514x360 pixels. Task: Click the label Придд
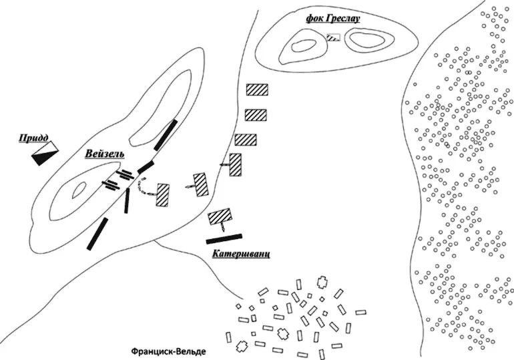pos(33,138)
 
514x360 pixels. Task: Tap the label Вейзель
pos(105,154)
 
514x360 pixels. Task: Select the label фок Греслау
pos(332,19)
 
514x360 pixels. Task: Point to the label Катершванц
pos(241,254)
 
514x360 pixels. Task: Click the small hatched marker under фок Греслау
pos(333,37)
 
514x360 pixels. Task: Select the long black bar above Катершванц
pos(224,238)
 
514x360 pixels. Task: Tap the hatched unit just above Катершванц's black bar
pos(220,216)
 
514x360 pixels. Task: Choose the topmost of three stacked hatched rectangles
pos(256,90)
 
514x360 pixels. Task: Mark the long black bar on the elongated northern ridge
pos(166,135)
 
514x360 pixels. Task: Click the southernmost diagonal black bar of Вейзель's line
pos(97,233)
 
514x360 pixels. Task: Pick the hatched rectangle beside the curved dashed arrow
pos(162,194)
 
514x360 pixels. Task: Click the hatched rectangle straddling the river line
pos(235,164)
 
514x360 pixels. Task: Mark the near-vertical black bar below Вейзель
pos(126,200)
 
